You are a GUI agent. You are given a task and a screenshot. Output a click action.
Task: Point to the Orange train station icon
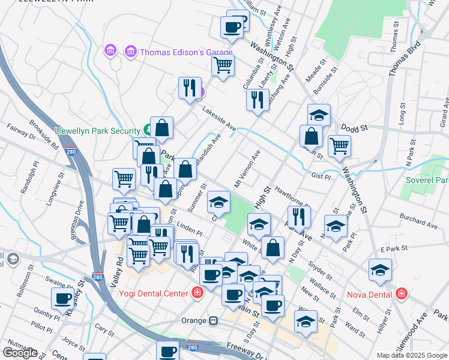pyautogui.click(x=212, y=320)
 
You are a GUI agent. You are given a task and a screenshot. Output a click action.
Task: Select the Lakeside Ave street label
pyautogui.click(x=220, y=119)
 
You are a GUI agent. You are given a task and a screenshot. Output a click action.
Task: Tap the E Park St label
pyautogui.click(x=394, y=248)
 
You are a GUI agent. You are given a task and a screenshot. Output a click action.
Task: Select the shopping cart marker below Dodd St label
pyautogui.click(x=339, y=145)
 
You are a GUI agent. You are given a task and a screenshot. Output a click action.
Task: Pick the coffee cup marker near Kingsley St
pyautogui.click(x=62, y=298)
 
